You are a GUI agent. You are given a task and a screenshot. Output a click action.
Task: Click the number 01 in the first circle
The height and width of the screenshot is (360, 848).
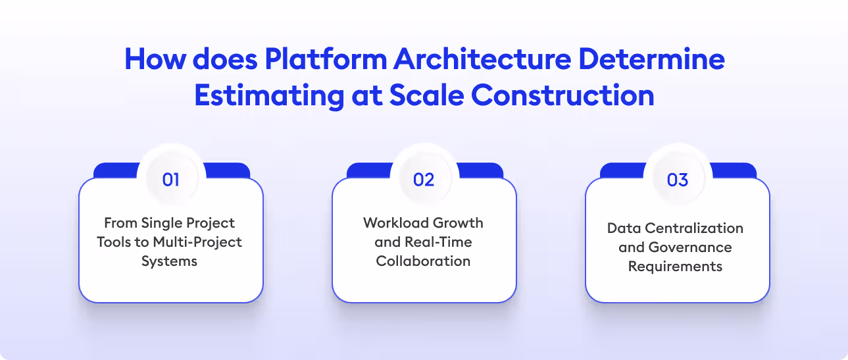click(170, 180)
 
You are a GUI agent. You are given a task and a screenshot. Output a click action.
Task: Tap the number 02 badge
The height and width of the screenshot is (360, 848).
click(424, 180)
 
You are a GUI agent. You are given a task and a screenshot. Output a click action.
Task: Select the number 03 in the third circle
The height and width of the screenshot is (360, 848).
click(677, 180)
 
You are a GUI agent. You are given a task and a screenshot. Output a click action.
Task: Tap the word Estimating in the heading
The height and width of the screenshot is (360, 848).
click(267, 95)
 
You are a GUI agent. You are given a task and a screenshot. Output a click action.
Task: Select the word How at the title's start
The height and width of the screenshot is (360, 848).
click(152, 59)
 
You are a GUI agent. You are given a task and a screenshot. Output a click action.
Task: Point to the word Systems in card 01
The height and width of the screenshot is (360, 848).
click(169, 261)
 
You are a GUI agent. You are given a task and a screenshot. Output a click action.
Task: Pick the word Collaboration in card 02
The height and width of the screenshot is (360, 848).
click(423, 261)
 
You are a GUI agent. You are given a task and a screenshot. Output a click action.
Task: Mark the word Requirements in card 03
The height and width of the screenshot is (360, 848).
click(675, 267)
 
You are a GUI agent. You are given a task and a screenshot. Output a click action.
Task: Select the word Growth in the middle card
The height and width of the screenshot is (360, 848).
click(462, 222)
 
